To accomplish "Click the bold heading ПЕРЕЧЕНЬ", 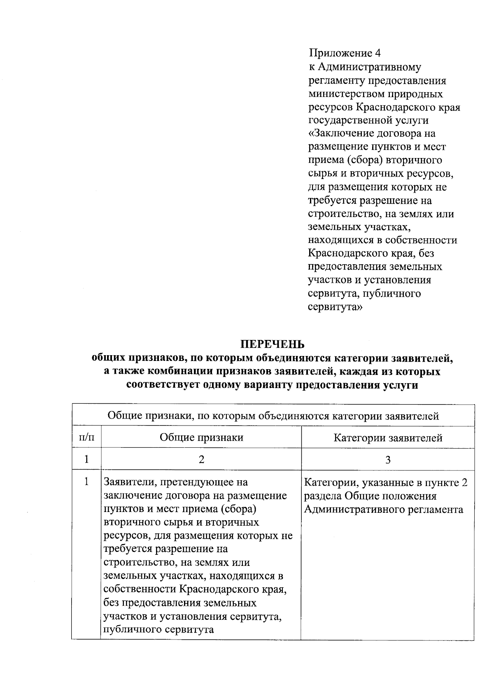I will (x=272, y=344).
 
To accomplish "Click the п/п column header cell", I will (x=86, y=437).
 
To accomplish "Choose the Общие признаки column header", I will (x=201, y=437).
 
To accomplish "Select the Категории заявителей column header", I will (x=388, y=437).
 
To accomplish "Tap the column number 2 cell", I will (x=201, y=459).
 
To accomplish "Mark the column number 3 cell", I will (x=388, y=459).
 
